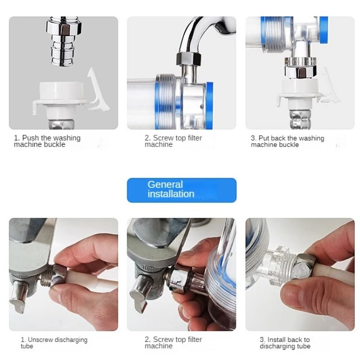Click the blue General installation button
(x=182, y=190)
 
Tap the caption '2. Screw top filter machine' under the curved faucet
(x=173, y=141)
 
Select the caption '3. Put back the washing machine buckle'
(x=288, y=142)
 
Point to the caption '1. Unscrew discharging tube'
(x=54, y=343)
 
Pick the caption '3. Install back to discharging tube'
(x=285, y=343)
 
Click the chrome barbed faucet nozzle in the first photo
(x=64, y=41)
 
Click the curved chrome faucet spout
(x=200, y=35)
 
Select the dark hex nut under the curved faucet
(x=189, y=59)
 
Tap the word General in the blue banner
(x=165, y=185)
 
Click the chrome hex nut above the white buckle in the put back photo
(x=301, y=72)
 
